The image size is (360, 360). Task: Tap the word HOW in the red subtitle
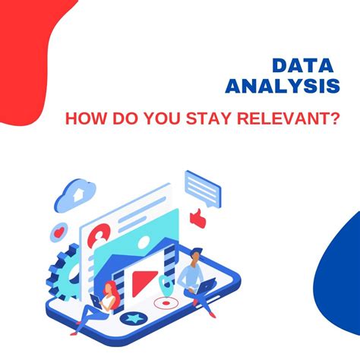(84, 119)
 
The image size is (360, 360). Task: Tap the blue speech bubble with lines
(201, 185)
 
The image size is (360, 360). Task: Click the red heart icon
(58, 229)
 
